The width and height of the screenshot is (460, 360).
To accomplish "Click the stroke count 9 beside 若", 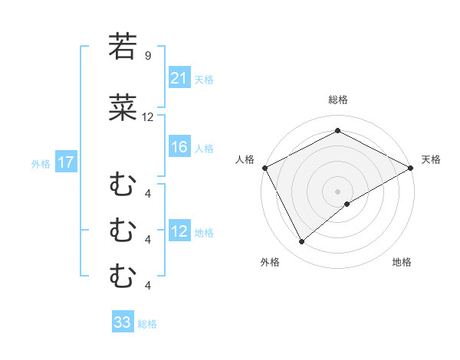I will point(147,55).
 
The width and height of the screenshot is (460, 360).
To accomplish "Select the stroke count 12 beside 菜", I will point(148,117).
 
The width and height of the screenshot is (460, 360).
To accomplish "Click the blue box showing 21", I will point(179,78).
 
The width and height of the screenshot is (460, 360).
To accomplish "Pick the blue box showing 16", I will point(179,148).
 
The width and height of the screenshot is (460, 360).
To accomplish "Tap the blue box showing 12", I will point(179,232).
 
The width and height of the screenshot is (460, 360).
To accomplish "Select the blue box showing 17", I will point(65,162).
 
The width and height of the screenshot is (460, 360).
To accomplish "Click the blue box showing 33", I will point(123,322).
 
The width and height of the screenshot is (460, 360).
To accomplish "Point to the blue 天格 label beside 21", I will point(204,79).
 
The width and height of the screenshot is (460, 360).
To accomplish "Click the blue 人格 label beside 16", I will point(204,149).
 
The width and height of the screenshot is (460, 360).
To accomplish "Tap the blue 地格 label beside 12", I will point(204,233).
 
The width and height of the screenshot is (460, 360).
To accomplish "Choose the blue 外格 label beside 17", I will point(41,163).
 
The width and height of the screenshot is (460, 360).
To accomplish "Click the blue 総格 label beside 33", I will point(147,323).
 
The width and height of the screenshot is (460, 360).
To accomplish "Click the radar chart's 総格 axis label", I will point(338,100).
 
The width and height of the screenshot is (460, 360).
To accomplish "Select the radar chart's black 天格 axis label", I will point(431,159).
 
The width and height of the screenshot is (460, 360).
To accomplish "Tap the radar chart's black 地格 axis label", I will point(402,262).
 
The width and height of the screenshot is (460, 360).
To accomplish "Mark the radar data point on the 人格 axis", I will point(264,168).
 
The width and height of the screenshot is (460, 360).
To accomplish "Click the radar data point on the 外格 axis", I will point(302,242).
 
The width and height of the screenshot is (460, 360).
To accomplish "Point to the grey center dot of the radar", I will point(337,191).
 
